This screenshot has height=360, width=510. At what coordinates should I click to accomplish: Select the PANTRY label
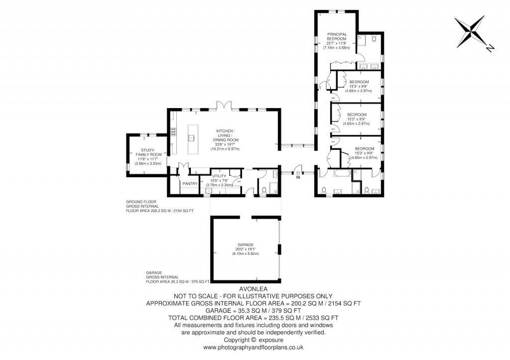[190, 184]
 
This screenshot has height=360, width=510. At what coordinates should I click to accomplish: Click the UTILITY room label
[219, 176]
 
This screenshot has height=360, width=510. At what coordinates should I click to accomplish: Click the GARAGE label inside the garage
[246, 244]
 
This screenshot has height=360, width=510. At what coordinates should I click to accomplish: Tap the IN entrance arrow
[298, 174]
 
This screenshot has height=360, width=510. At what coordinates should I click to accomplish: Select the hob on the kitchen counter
[173, 132]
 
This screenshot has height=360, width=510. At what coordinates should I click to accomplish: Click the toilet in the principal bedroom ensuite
[374, 39]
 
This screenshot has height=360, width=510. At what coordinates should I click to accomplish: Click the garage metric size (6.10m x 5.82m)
[246, 254]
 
